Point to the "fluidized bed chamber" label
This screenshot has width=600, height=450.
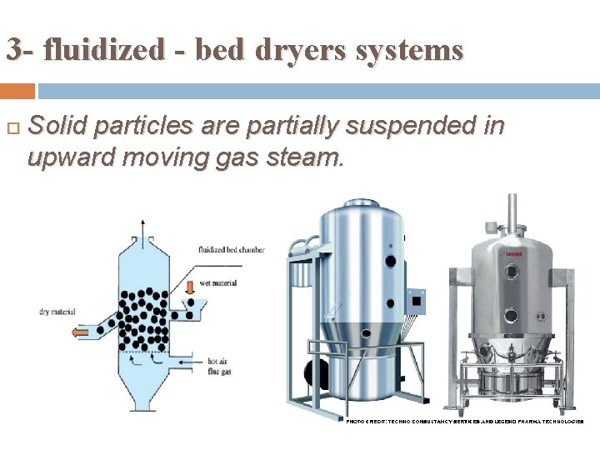(x=231, y=249)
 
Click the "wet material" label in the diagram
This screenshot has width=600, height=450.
(x=218, y=283)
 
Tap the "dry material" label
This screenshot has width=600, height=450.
(x=57, y=312)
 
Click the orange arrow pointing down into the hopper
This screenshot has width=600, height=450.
(x=191, y=287)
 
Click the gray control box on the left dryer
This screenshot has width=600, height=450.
(x=415, y=297)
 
